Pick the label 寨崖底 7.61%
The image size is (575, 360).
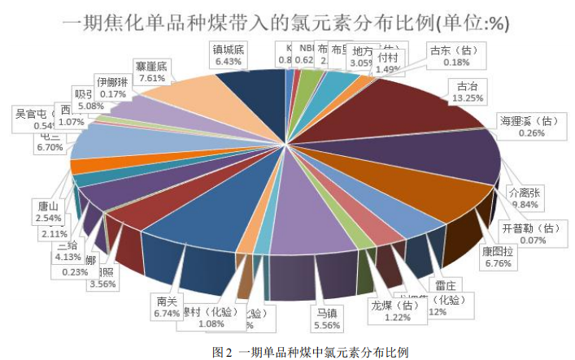click(x=152, y=72)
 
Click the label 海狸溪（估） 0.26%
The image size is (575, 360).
click(x=530, y=127)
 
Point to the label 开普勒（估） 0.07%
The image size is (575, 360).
click(x=530, y=233)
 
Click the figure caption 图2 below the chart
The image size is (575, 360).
click(x=309, y=352)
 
